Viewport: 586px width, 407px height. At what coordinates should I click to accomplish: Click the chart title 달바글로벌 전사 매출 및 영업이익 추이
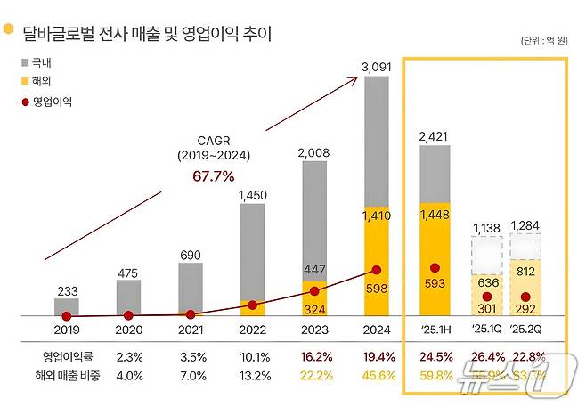point(148,35)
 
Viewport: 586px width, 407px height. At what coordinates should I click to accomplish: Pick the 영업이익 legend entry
point(48,102)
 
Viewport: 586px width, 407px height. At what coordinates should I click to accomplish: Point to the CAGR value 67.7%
point(214,176)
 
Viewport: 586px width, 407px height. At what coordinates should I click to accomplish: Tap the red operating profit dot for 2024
point(376,270)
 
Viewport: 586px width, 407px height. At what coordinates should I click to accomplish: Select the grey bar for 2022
point(252,258)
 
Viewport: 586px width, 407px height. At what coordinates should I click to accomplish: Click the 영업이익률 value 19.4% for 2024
point(376,357)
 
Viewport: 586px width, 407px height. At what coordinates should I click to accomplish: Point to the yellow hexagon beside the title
point(9,31)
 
